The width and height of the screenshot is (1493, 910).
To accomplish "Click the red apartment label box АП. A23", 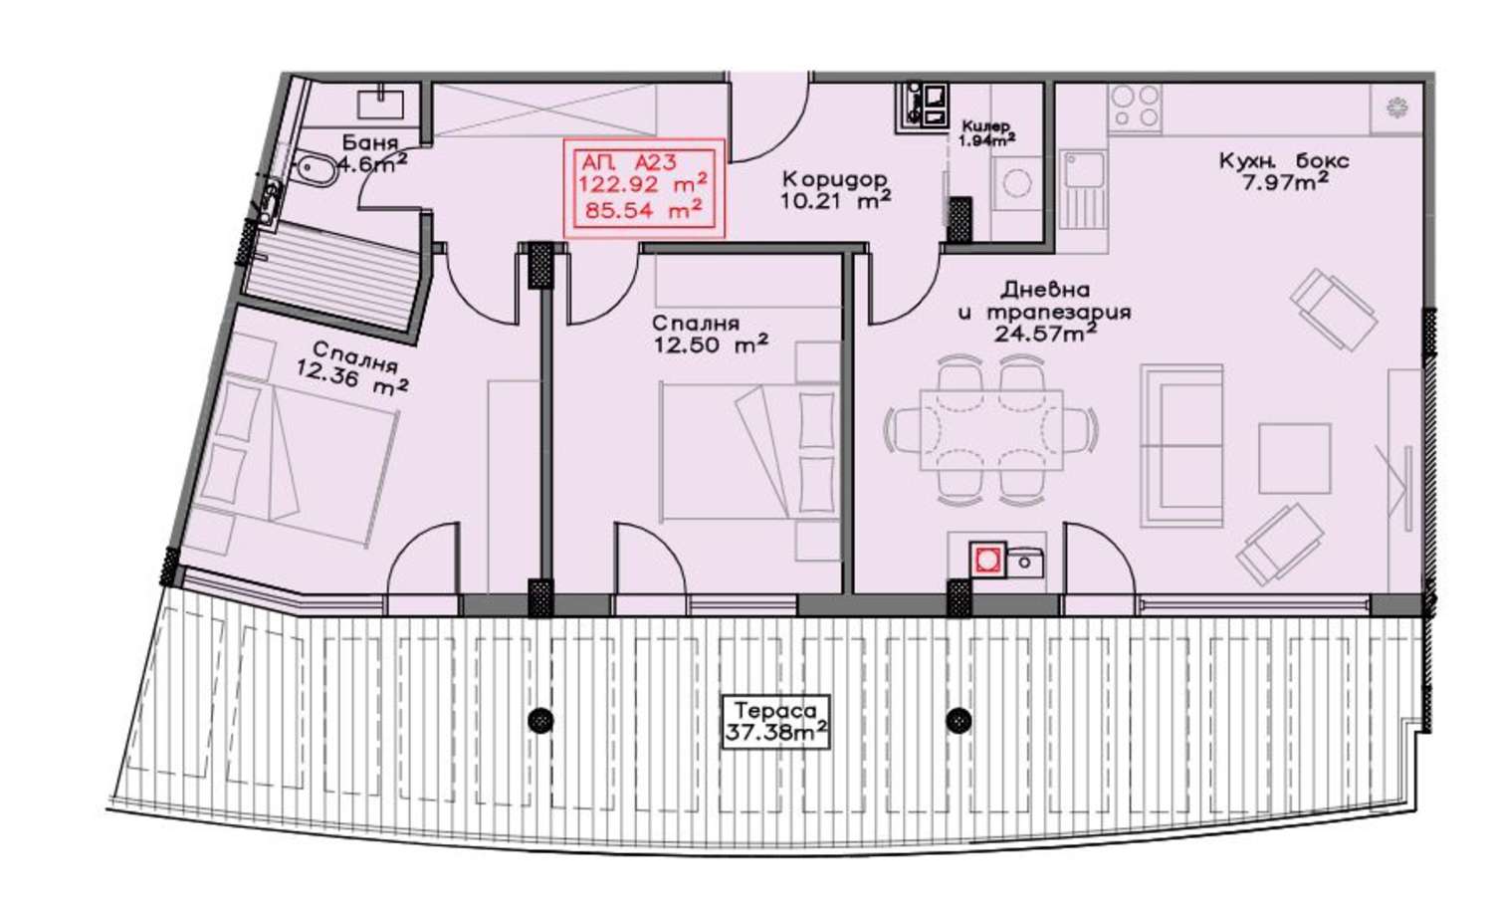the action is point(644,188).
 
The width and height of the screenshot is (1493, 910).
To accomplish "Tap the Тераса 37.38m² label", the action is point(776,722).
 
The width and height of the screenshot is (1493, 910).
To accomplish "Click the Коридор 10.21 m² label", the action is point(835,189).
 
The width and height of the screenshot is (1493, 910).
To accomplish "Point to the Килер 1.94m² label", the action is point(986,133).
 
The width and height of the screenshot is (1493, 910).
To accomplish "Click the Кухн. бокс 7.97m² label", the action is point(1284,170).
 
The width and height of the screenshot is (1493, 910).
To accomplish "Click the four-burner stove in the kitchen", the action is point(1135,107).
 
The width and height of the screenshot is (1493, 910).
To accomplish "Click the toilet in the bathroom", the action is point(316,169).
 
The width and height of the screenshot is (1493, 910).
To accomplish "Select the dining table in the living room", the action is point(990,431).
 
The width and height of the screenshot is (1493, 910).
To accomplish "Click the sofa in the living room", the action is point(1181,445).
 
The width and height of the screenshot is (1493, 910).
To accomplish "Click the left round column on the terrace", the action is point(539,720).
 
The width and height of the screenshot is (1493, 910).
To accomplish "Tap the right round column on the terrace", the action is point(959,719).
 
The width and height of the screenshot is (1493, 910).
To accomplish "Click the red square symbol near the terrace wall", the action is point(987,559).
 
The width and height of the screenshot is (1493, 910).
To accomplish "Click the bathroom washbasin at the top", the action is point(380,106).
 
